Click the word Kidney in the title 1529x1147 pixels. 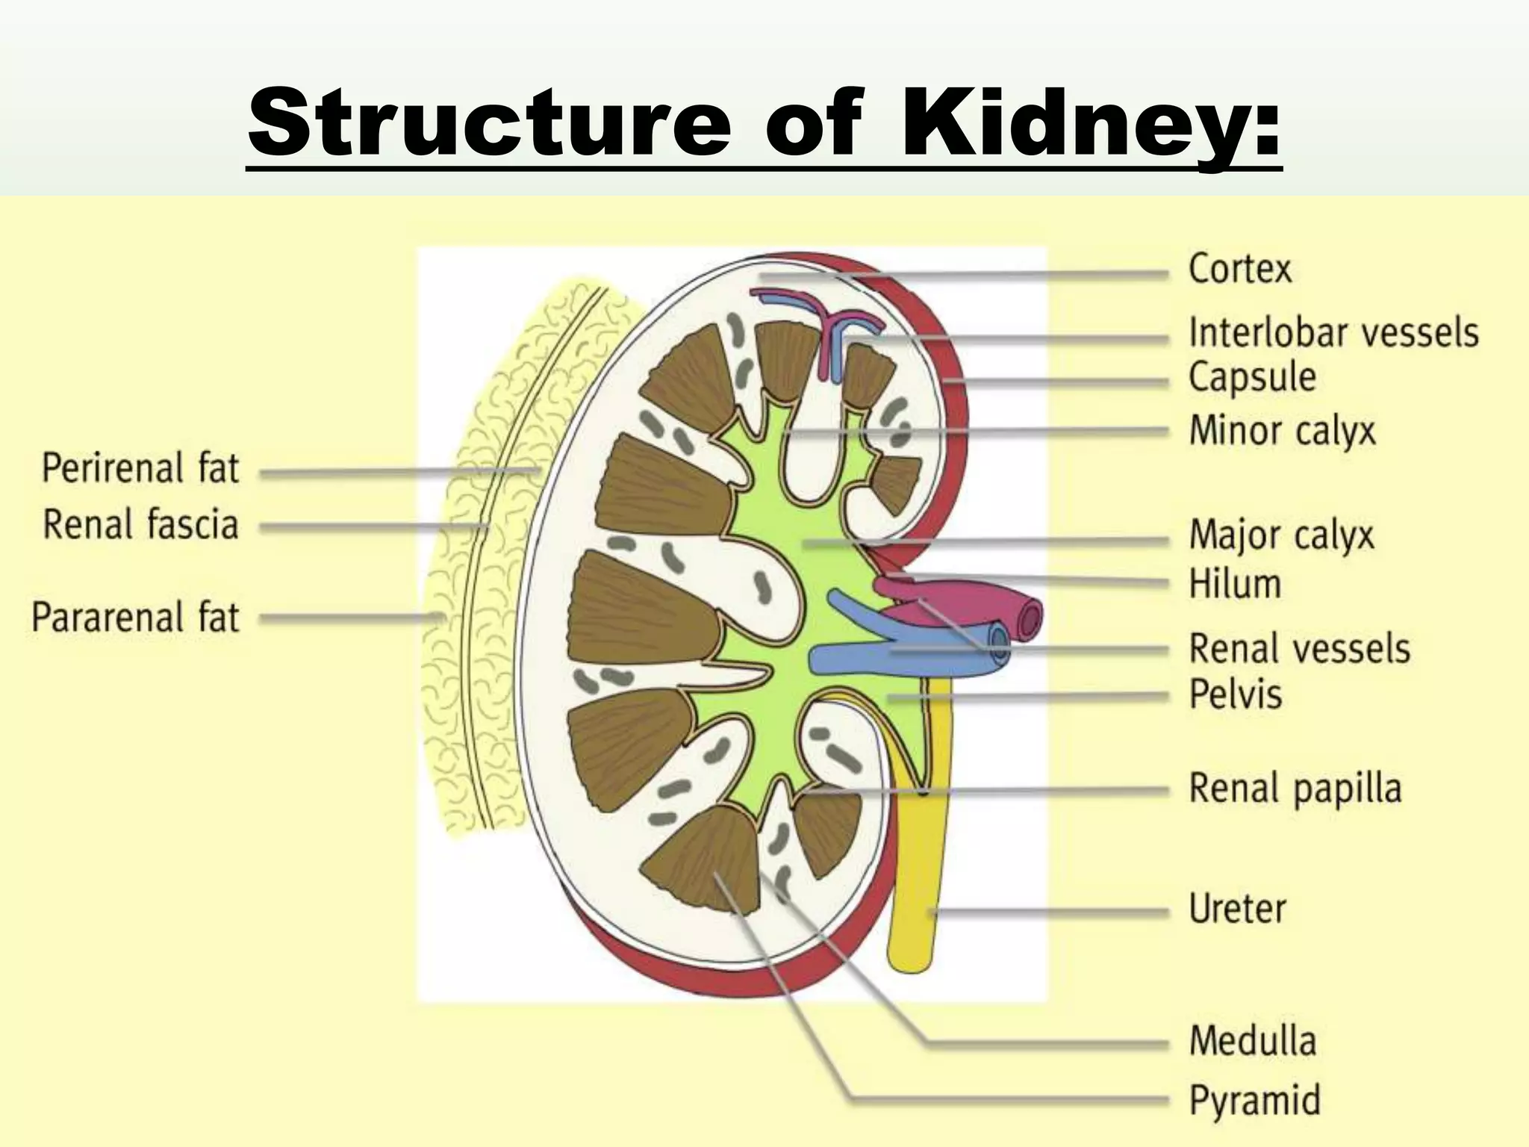(x=1090, y=121)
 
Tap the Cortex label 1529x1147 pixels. (x=1239, y=269)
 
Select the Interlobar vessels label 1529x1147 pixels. (x=1333, y=332)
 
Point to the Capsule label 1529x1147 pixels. (x=1252, y=377)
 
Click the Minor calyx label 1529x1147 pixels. (x=1282, y=432)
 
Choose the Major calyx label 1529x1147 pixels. (x=1281, y=535)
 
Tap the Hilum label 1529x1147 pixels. (x=1235, y=584)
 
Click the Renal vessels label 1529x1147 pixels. (x=1299, y=648)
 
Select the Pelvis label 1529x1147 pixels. (x=1236, y=694)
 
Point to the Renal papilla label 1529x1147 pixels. (x=1295, y=789)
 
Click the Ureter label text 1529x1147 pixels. (x=1237, y=909)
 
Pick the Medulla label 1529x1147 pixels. (x=1252, y=1041)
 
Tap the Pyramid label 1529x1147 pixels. (x=1254, y=1101)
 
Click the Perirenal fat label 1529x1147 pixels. (x=140, y=469)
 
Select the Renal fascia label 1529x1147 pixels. (x=140, y=524)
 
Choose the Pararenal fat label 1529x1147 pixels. (x=135, y=618)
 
